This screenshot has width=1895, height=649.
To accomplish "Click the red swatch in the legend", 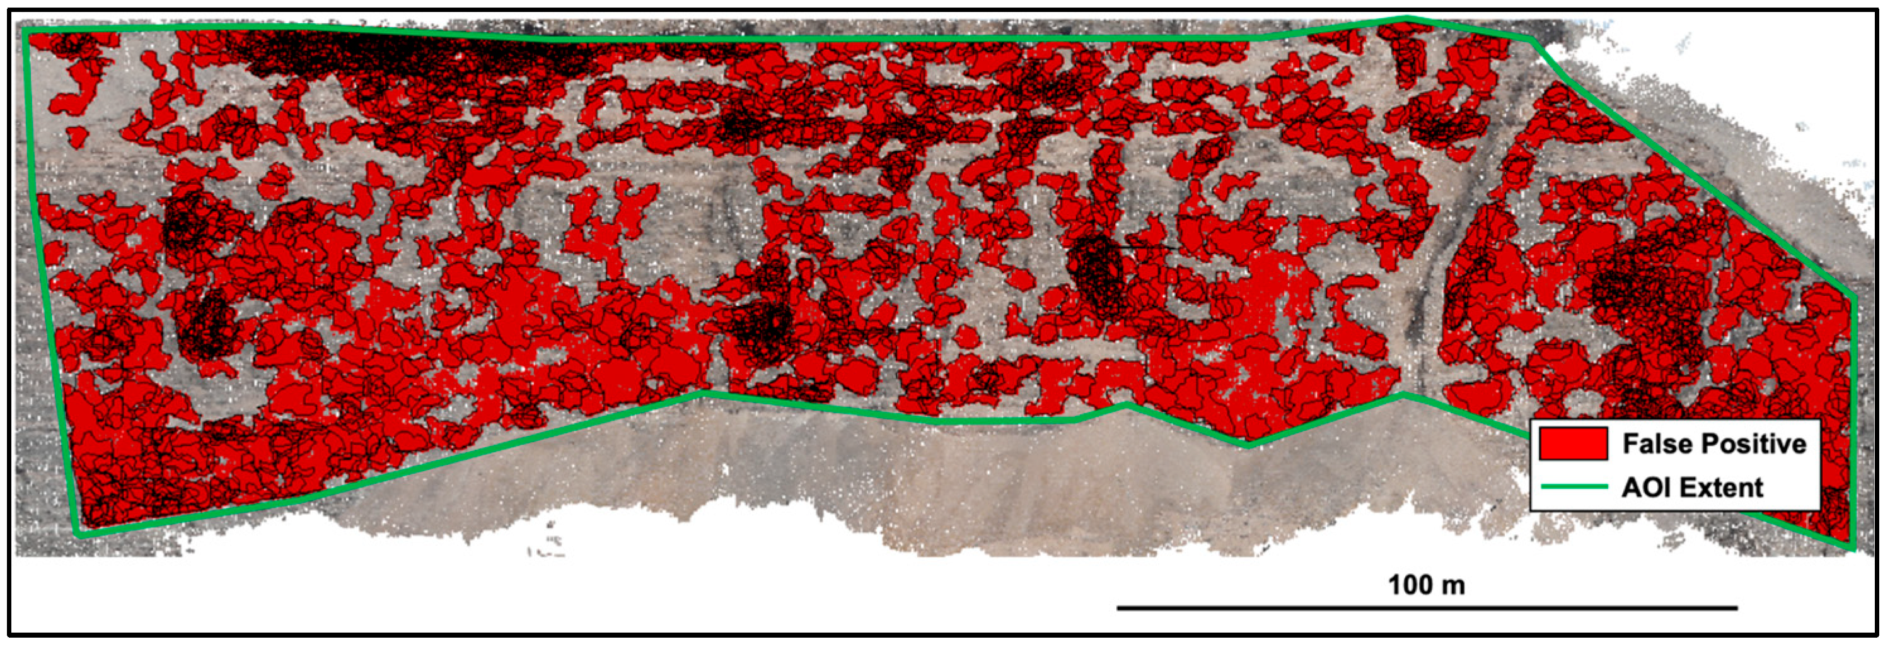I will point(1573,444).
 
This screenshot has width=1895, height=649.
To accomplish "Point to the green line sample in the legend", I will point(1573,486).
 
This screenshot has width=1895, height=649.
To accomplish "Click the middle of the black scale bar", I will point(1427,608).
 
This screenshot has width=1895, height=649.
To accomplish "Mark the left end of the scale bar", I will point(1118,608).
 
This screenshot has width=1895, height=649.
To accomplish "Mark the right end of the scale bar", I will point(1737,608).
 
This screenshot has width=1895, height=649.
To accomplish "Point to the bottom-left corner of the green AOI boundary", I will point(79,534).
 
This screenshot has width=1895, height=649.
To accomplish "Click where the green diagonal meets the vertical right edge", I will point(1854,297).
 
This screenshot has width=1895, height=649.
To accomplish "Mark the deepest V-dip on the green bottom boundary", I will point(1248,445).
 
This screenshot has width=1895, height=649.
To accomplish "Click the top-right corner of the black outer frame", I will point(1877,10).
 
